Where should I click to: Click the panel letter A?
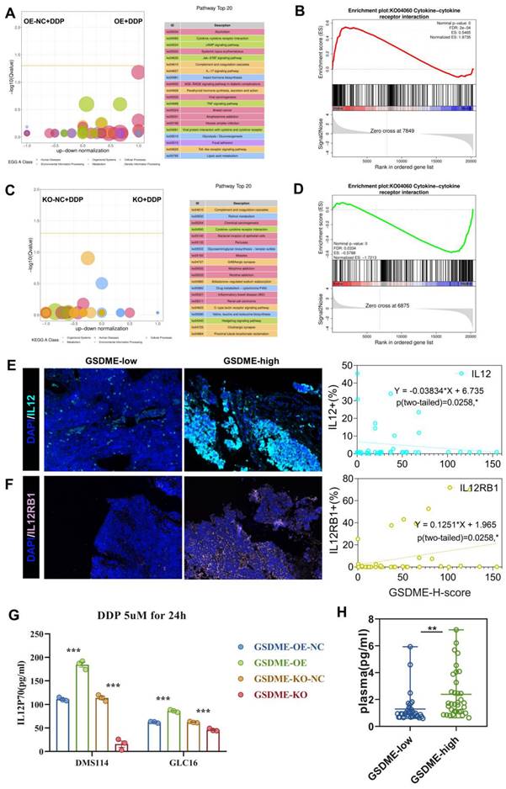(x=9, y=8)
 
